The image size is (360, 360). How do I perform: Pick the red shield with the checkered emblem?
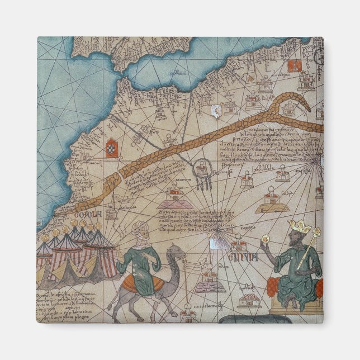pos(112,148)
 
